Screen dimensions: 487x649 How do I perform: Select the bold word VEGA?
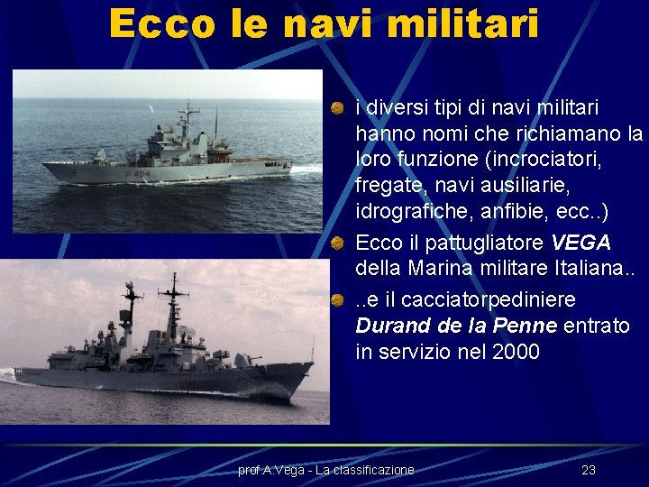[580, 243]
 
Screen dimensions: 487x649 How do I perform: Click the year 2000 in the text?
[517, 352]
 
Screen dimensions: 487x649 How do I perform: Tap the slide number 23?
[589, 470]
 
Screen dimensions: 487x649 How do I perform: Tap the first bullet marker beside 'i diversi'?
[336, 108]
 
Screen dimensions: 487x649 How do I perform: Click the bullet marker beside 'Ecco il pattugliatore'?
[336, 243]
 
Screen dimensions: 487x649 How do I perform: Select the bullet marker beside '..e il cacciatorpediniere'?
[336, 299]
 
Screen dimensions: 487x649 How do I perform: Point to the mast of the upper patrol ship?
[188, 122]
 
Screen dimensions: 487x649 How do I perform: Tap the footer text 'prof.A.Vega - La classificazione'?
[325, 470]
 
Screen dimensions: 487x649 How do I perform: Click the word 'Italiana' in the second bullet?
[569, 270]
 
